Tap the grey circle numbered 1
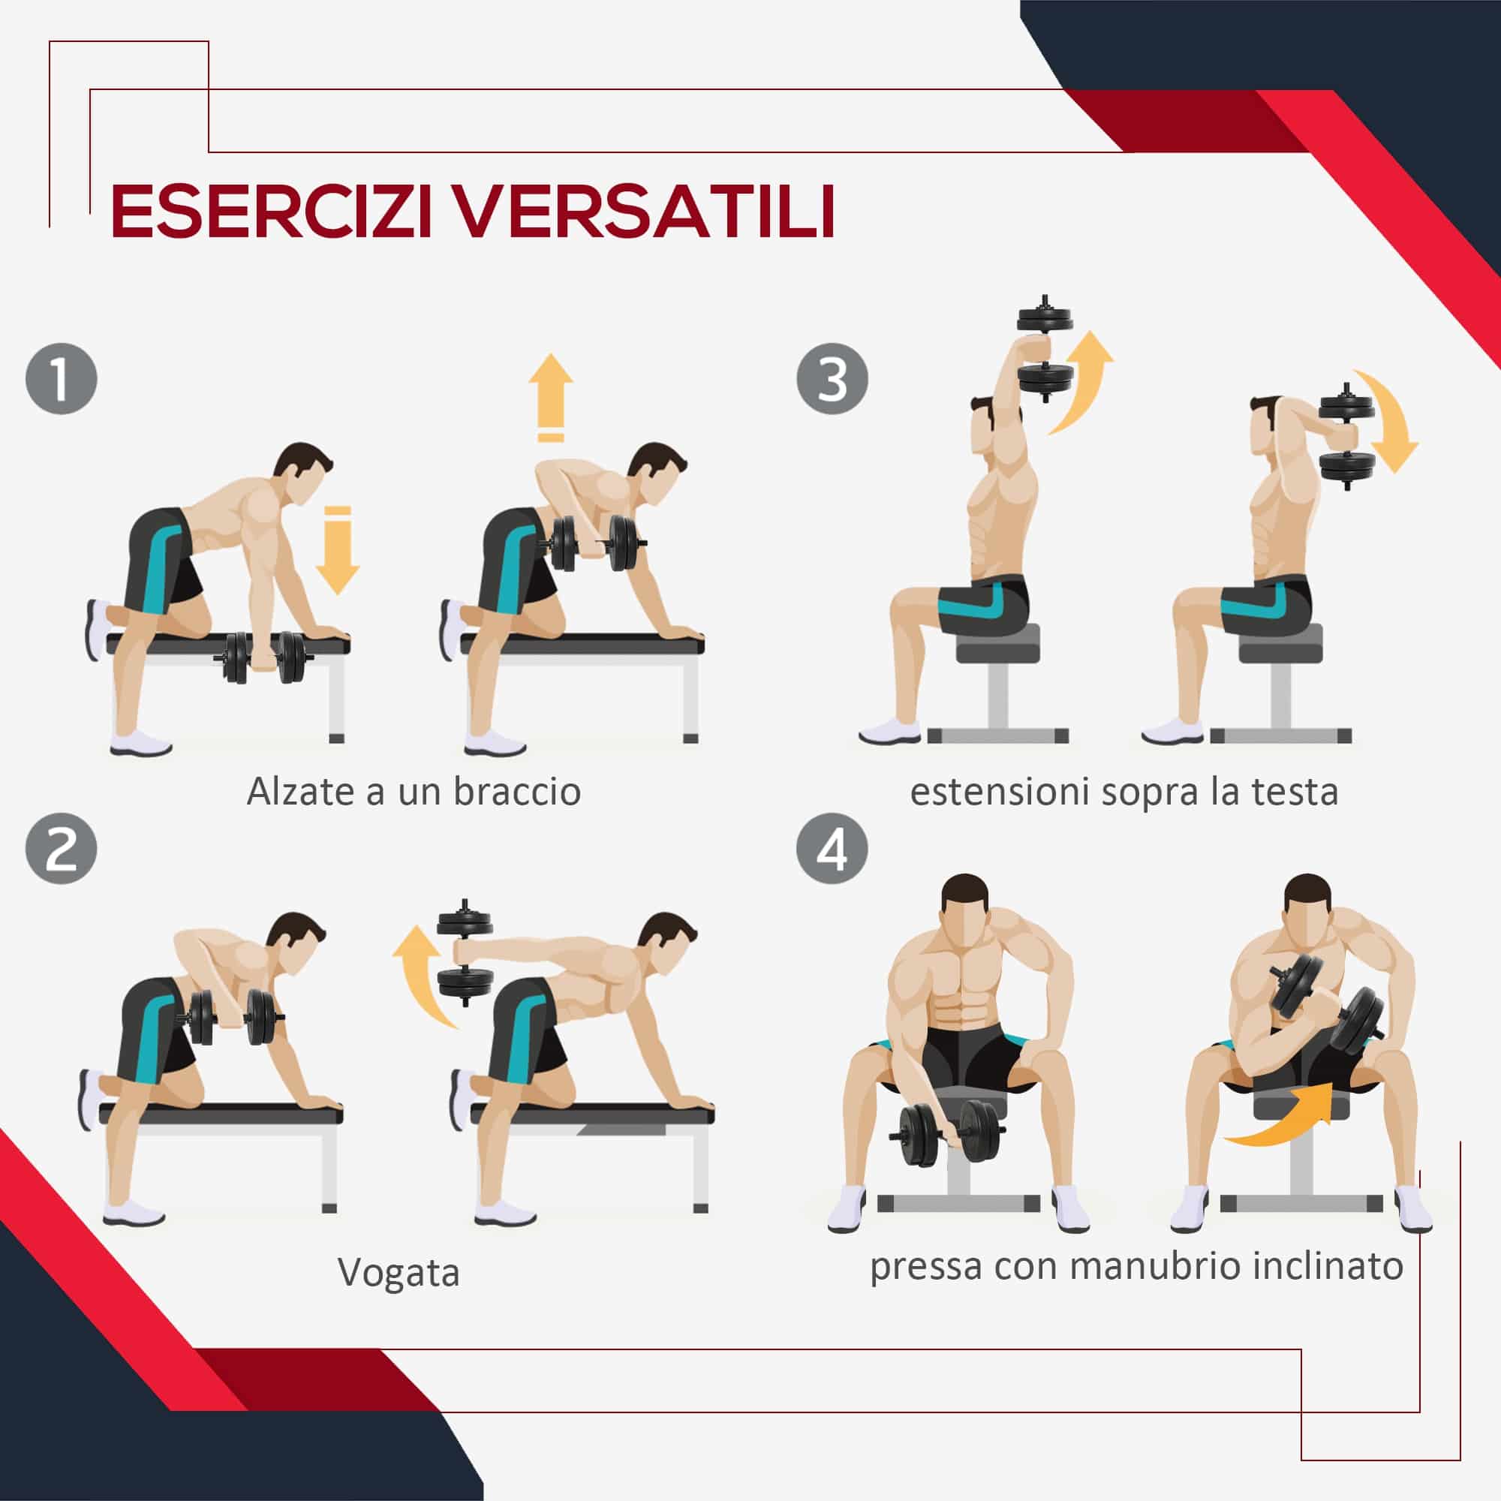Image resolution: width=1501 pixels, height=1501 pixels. [62, 379]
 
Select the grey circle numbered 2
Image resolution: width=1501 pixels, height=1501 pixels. [62, 848]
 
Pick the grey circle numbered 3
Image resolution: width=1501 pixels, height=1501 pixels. [832, 379]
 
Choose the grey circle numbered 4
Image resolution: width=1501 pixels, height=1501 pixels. [832, 848]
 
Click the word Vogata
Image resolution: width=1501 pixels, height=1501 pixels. [399, 1273]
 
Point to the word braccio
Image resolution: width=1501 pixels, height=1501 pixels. [516, 792]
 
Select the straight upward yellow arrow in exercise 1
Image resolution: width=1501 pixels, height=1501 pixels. [551, 397]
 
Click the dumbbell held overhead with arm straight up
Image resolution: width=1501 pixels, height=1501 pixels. [1045, 347]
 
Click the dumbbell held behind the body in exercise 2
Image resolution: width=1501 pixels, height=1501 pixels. [465, 952]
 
